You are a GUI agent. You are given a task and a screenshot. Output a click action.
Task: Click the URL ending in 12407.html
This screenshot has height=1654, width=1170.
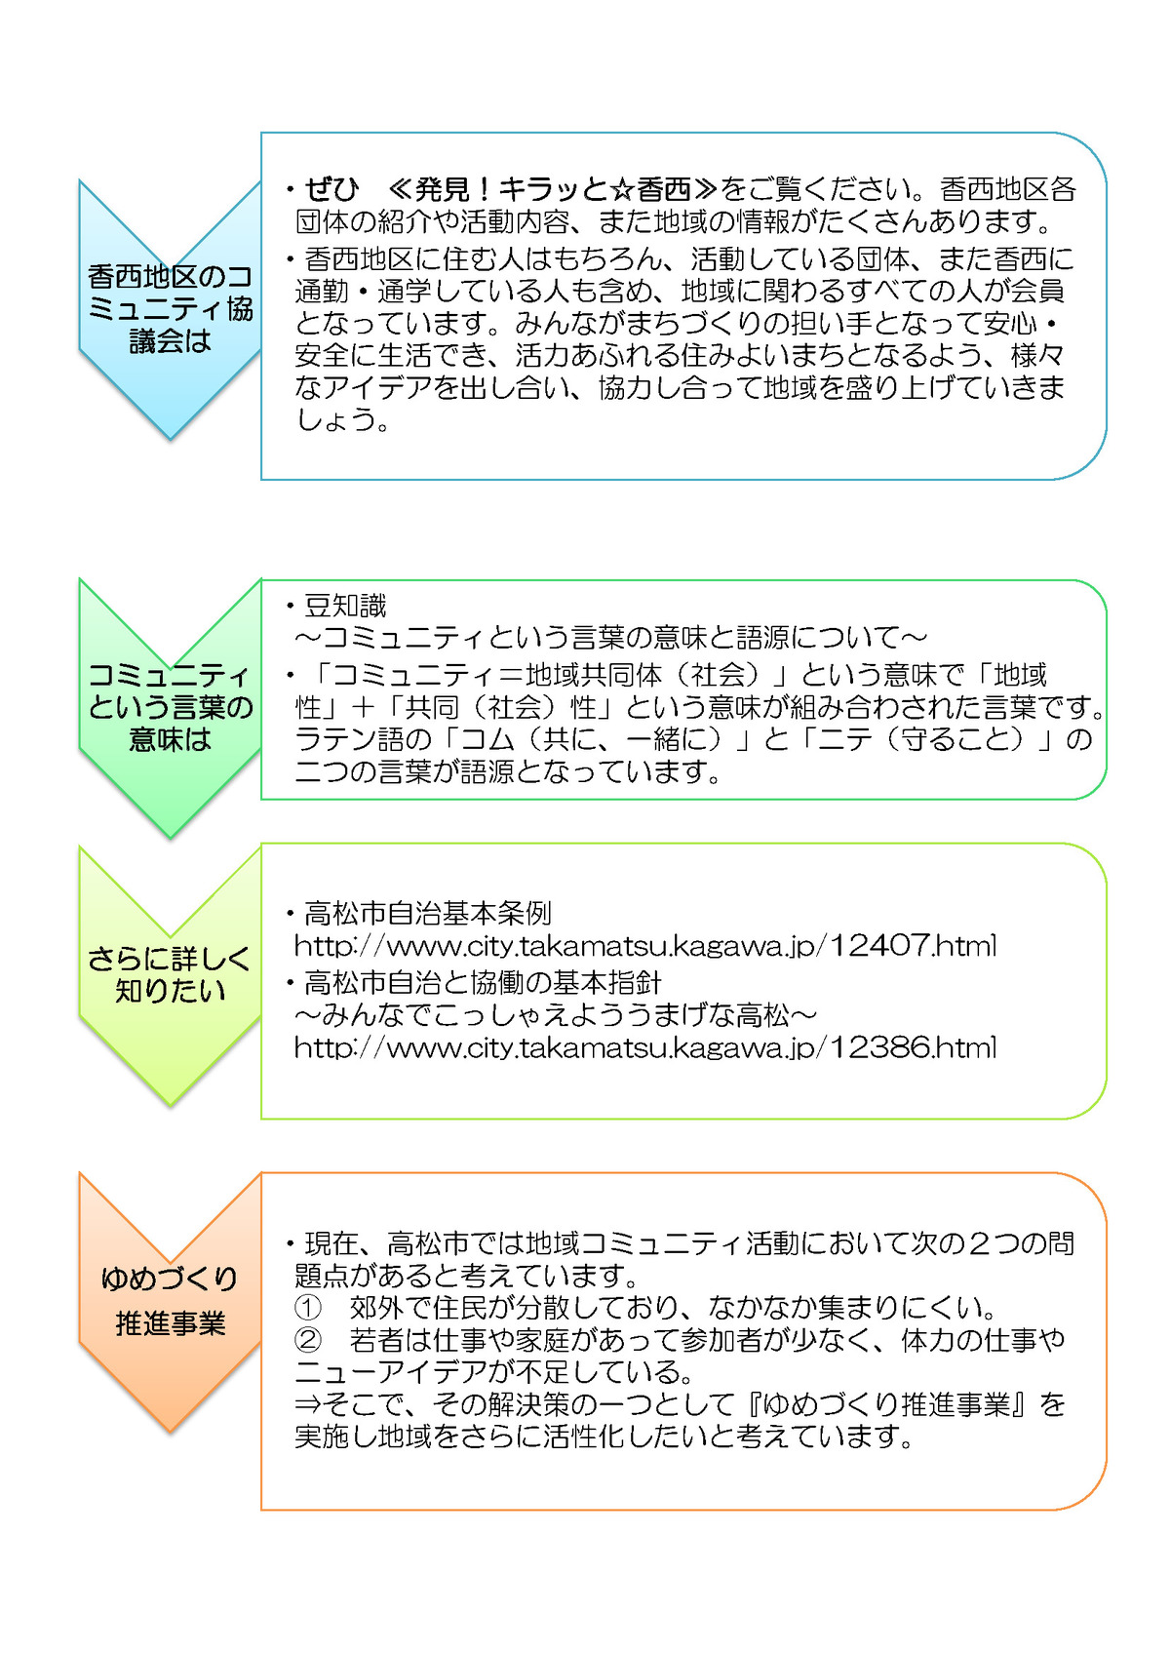click(645, 946)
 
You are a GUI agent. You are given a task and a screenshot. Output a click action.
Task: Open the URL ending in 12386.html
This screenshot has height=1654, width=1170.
click(645, 1047)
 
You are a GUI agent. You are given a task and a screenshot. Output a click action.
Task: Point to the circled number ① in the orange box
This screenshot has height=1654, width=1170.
click(307, 1308)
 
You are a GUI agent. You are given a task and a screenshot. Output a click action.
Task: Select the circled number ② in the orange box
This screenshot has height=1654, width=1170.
click(307, 1339)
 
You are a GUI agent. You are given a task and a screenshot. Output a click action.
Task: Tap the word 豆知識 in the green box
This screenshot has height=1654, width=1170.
click(345, 607)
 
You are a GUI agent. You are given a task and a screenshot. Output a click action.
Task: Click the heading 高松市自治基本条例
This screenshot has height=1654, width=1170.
click(428, 914)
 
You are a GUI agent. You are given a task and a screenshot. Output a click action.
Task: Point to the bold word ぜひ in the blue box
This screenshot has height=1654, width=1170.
click(331, 190)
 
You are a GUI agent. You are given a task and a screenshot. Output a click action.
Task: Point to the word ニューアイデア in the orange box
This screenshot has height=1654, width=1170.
click(390, 1372)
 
